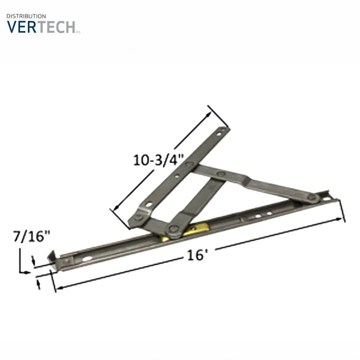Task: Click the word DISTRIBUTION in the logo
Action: click(x=26, y=16)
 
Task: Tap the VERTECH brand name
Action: click(x=41, y=27)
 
